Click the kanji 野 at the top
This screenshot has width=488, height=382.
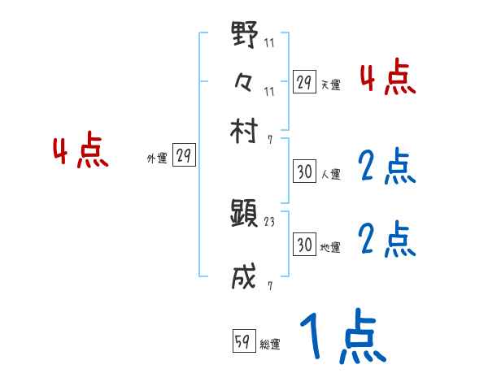click(x=244, y=38)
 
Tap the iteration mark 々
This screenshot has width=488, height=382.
click(x=244, y=81)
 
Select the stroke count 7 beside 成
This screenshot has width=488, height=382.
click(x=269, y=285)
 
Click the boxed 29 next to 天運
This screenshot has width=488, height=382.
click(x=304, y=82)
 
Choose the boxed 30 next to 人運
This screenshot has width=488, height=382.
click(x=304, y=171)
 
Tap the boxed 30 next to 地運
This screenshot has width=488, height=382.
click(x=304, y=244)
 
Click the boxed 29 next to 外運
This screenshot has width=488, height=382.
click(x=184, y=157)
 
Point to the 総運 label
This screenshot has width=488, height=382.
click(x=270, y=345)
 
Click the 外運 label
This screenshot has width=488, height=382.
click(x=156, y=159)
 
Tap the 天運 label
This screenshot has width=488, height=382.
click(x=330, y=85)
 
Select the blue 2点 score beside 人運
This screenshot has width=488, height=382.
click(x=386, y=167)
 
